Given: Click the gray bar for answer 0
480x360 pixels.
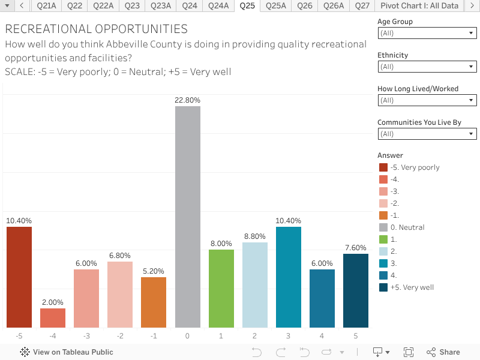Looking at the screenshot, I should (188, 217).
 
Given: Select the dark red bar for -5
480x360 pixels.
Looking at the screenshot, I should (19, 277).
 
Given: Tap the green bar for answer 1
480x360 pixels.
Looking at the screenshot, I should (221, 288).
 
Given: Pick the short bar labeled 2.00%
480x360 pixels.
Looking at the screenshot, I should (53, 318).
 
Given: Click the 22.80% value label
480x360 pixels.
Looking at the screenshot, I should (188, 100).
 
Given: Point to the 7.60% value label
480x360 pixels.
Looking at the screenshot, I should (356, 248).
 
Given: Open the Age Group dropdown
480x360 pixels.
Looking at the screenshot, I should (427, 34).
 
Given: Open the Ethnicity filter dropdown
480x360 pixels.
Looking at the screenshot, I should (427, 67).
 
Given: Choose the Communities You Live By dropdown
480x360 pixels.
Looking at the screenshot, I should (427, 134).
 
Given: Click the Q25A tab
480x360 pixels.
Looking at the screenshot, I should (276, 6).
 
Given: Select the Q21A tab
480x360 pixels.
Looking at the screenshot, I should (46, 6).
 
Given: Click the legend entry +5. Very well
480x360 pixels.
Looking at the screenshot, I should (411, 287).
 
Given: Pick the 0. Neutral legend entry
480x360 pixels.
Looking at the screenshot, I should (407, 227).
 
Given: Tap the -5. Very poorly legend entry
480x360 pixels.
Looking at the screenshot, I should (414, 167).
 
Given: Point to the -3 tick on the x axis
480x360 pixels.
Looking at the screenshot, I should (86, 336).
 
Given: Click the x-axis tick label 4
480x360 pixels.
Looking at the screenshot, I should (322, 336).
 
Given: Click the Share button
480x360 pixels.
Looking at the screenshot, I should (443, 352).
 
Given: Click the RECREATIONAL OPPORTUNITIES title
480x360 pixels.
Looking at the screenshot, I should (96, 29).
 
